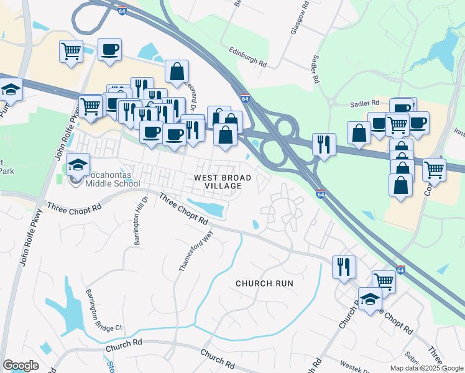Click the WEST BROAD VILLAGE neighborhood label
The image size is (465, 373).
pos(223,182)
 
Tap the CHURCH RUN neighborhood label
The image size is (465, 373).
pos(264,283)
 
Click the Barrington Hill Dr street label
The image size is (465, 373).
pos(138,221)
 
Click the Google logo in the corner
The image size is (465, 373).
pos(21,365)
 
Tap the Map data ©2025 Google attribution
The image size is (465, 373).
pos(426,368)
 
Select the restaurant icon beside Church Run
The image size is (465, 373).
pos(344,267)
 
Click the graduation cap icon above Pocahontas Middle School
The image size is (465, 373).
pos(78,164)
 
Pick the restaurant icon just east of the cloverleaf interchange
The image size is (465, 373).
pos(324,144)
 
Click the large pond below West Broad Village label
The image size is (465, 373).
pos(207,208)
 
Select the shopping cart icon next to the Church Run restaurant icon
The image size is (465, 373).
pos(384,282)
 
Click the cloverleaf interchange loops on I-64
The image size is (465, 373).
pos(276,140)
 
